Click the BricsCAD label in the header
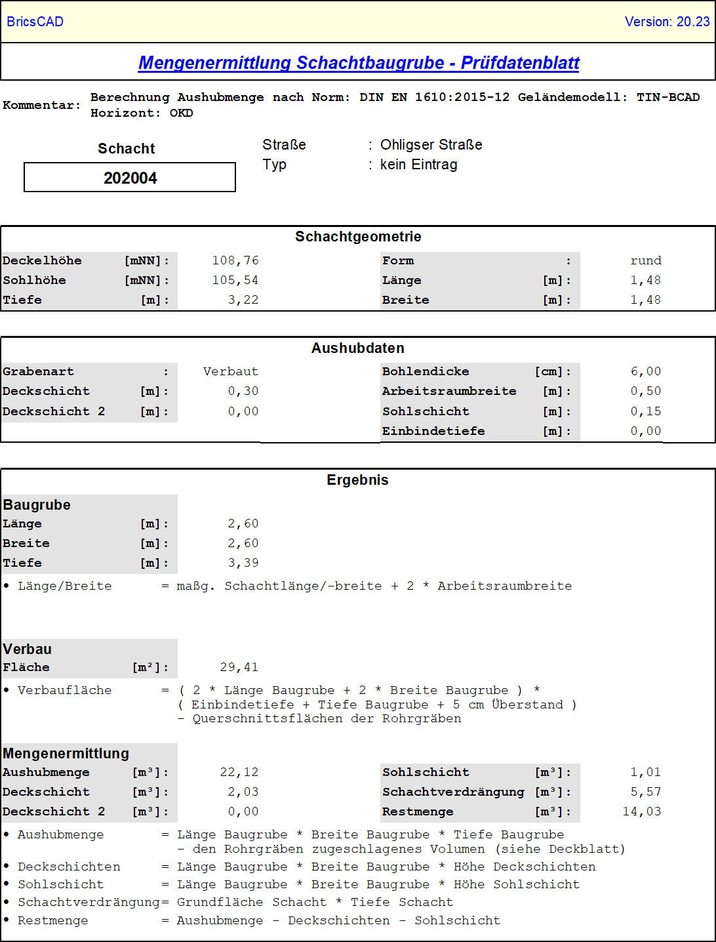pyautogui.click(x=35, y=22)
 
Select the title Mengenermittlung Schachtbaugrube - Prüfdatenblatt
pyautogui.click(x=359, y=63)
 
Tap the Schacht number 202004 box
pyautogui.click(x=130, y=178)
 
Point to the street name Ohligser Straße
pyautogui.click(x=431, y=145)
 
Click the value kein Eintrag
pyautogui.click(x=418, y=165)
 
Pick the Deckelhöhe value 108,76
pyautogui.click(x=235, y=261)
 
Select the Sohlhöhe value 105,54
pyautogui.click(x=235, y=281)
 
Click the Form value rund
pyautogui.click(x=646, y=261)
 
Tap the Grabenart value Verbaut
pyautogui.click(x=231, y=372)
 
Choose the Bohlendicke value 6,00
pyautogui.click(x=646, y=372)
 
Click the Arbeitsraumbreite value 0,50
pyautogui.click(x=646, y=392)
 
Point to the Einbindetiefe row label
pyautogui.click(x=433, y=432)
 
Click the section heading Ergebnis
pyautogui.click(x=357, y=480)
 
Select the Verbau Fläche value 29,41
pyautogui.click(x=239, y=668)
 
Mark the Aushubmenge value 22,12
pyautogui.click(x=239, y=773)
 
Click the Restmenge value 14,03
pyautogui.click(x=642, y=812)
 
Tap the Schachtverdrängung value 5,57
pyautogui.click(x=646, y=792)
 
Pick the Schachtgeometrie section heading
pyautogui.click(x=358, y=237)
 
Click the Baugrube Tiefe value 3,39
pyautogui.click(x=243, y=563)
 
